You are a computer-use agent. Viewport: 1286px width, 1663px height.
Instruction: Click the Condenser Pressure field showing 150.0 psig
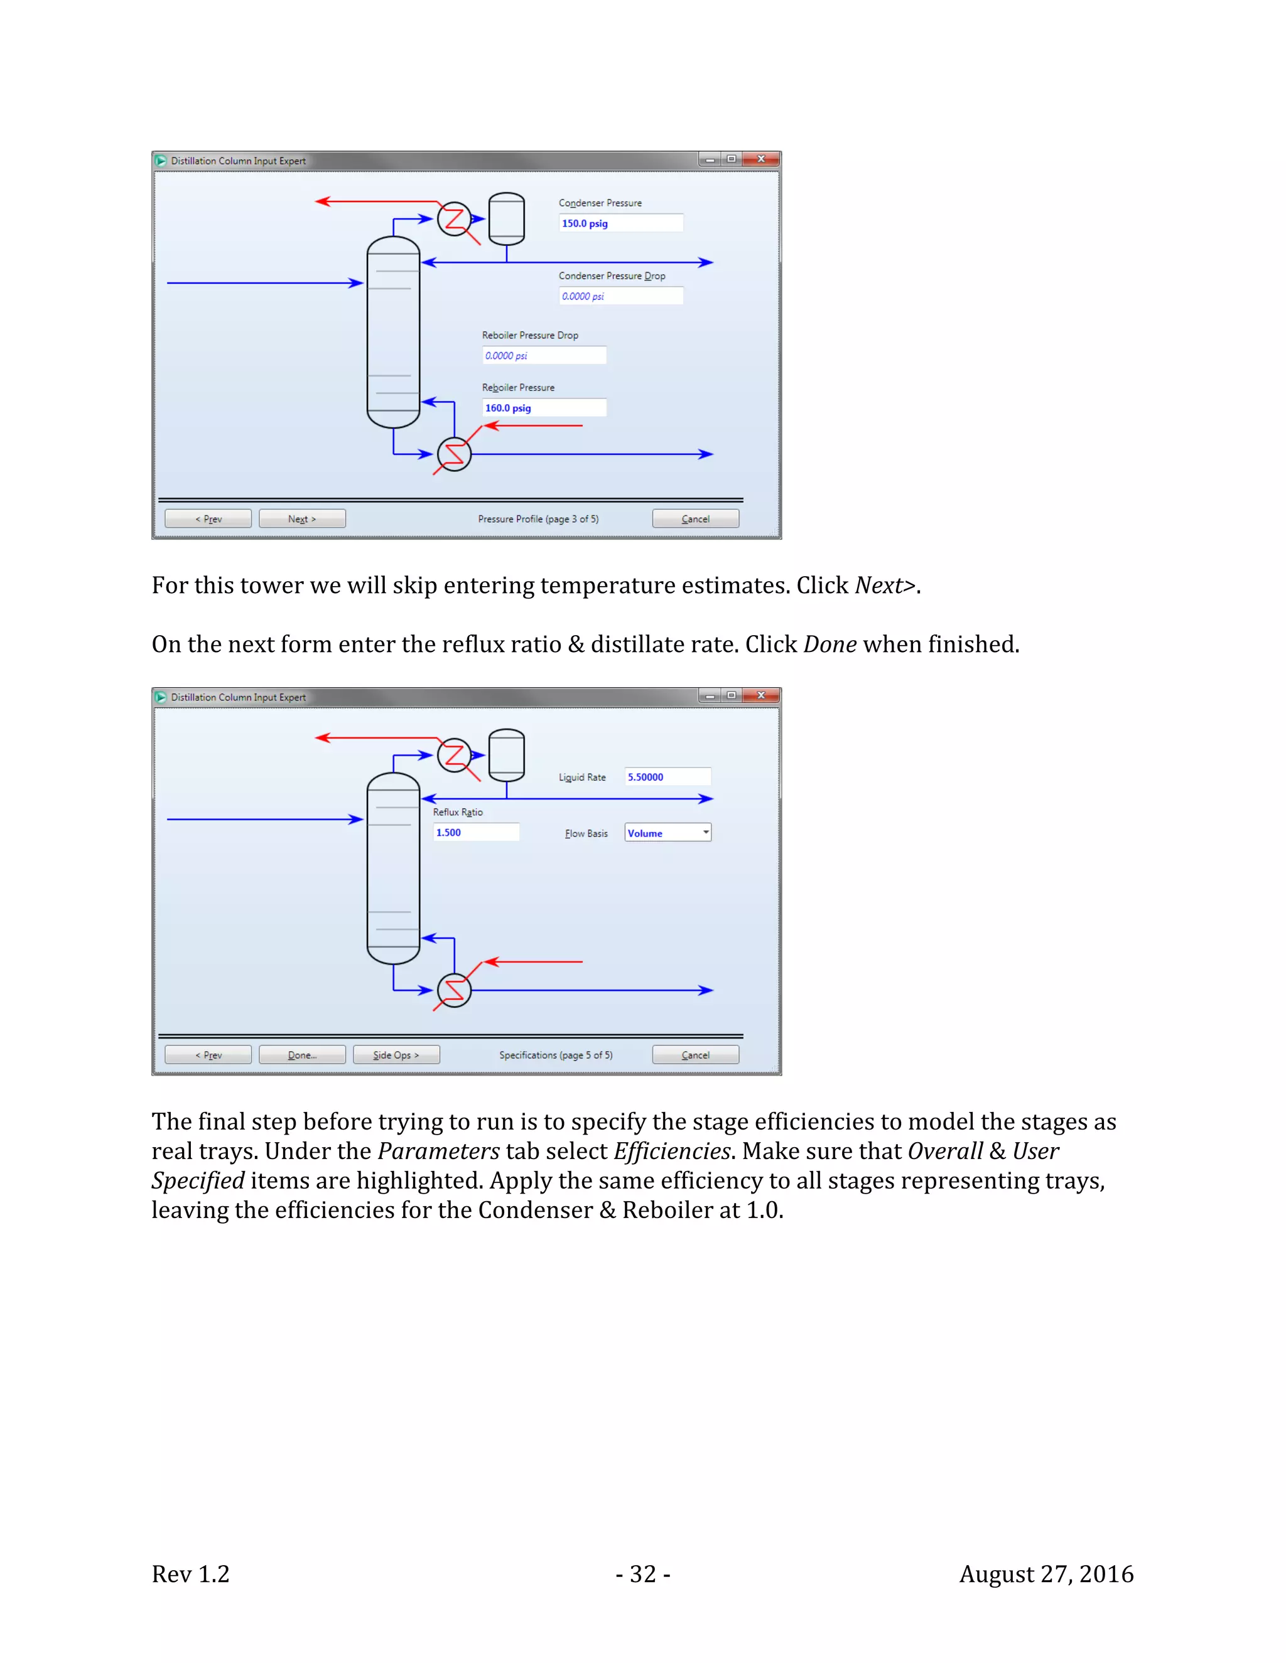(620, 223)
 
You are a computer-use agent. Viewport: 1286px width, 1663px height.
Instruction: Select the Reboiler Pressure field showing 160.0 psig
(544, 408)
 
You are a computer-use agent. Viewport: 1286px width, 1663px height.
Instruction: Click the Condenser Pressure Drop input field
(620, 296)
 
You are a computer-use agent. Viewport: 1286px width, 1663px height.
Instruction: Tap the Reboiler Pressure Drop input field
(544, 356)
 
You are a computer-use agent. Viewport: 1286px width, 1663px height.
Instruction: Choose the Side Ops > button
(396, 1055)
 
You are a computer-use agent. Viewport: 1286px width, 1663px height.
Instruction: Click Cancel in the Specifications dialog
(695, 1055)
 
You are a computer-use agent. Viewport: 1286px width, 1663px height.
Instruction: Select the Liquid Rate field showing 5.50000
(667, 777)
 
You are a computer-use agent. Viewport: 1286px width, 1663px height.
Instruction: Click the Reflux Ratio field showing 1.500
(475, 832)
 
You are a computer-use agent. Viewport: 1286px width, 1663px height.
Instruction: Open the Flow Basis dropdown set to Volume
(667, 833)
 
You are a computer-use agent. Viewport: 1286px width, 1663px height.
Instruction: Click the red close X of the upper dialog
(760, 159)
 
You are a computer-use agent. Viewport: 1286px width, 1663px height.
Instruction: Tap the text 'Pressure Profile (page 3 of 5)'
(538, 520)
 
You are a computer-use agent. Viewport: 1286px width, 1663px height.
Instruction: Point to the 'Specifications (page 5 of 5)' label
(555, 1056)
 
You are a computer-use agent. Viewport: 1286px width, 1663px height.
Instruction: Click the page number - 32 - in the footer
(642, 1574)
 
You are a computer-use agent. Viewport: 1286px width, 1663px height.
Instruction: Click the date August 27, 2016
(1046, 1574)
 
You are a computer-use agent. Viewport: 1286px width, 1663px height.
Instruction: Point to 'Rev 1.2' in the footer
(190, 1574)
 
